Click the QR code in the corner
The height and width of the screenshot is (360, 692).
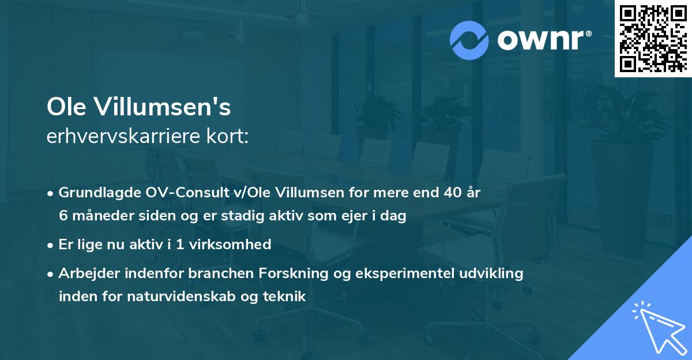click(x=652, y=38)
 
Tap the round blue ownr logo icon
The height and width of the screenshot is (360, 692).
click(x=469, y=40)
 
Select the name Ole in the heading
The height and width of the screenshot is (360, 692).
click(x=66, y=107)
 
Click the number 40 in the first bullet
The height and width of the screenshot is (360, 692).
click(x=450, y=193)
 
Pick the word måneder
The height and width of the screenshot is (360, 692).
click(x=96, y=216)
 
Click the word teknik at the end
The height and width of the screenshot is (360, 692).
click(x=285, y=297)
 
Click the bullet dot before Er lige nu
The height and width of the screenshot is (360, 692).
click(x=51, y=245)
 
